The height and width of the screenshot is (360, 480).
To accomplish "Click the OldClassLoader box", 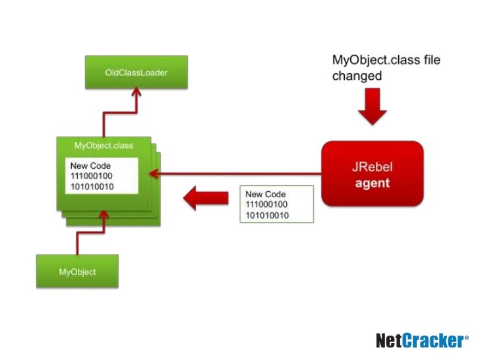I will (136, 72).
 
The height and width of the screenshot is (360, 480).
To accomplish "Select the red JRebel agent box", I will (372, 174).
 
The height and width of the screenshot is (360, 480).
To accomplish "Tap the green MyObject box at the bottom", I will (77, 272).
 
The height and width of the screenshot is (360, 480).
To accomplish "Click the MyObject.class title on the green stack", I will (104, 145).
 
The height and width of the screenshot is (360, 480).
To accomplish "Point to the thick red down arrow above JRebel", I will (373, 107).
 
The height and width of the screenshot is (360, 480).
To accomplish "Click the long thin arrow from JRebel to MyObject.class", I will (237, 174).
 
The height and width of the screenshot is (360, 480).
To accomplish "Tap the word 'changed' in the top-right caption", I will (357, 76).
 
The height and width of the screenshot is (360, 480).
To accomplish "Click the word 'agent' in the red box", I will (373, 183).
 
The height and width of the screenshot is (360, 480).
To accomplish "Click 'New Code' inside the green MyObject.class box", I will (91, 166).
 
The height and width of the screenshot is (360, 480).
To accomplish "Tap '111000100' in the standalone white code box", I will (267, 205).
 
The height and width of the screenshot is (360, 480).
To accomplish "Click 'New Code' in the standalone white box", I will (265, 195).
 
